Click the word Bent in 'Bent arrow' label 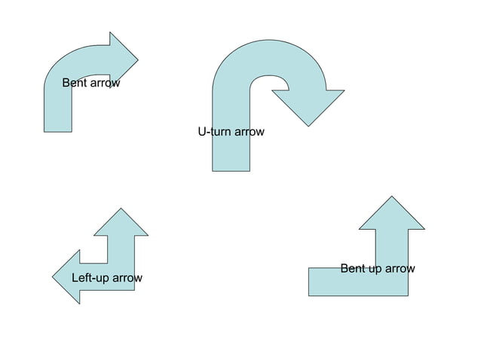(75, 83)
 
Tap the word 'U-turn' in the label (213, 132)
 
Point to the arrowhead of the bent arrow (121, 58)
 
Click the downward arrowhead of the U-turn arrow (308, 105)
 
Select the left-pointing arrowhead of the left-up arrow (67, 277)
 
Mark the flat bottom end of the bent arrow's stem (58, 130)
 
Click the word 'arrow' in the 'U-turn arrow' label (249, 132)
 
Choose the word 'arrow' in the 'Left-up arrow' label (127, 278)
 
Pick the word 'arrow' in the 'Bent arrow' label (105, 83)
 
